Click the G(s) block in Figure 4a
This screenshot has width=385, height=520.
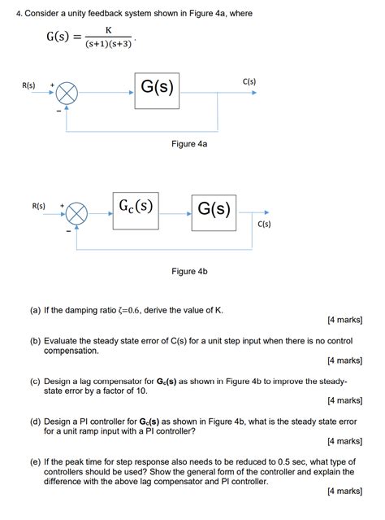click(x=158, y=85)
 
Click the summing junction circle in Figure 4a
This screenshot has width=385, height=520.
click(x=67, y=94)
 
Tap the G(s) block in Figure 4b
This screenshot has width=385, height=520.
click(x=214, y=209)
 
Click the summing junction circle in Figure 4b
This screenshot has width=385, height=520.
click(x=76, y=214)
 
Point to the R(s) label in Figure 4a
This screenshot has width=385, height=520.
click(x=28, y=85)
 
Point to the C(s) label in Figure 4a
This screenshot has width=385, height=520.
click(x=249, y=81)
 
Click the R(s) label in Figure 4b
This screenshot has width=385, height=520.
click(x=38, y=206)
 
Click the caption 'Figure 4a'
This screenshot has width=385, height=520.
click(x=189, y=144)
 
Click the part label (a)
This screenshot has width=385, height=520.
click(x=36, y=310)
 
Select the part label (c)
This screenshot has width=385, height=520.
click(x=36, y=380)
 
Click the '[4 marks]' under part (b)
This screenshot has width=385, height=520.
click(x=344, y=360)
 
